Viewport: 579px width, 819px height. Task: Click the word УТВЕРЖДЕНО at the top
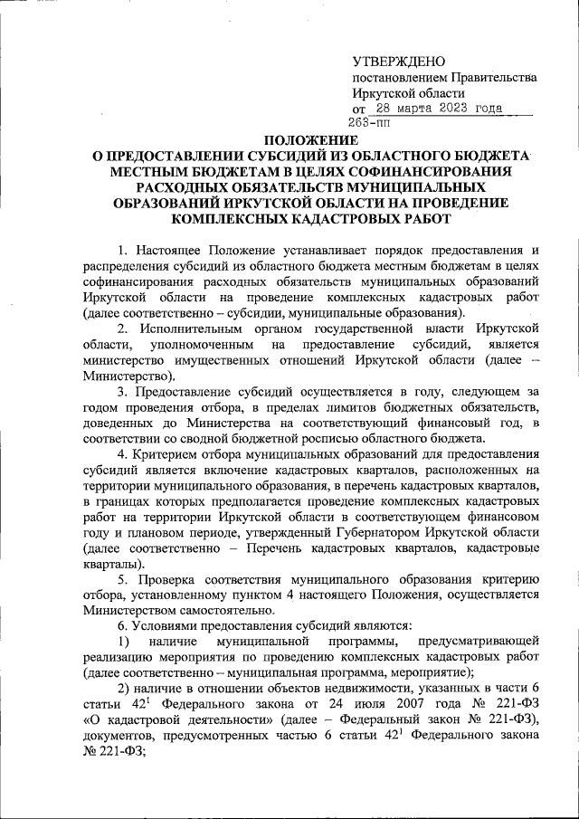click(399, 61)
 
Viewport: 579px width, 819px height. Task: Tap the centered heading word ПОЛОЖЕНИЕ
click(309, 140)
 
